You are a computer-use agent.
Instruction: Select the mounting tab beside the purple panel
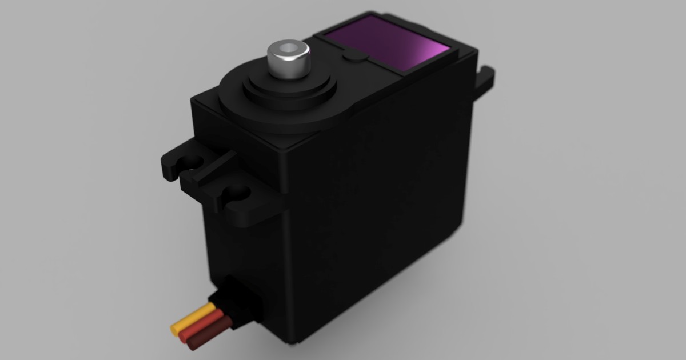click(x=486, y=80)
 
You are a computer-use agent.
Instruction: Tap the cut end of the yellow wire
click(x=174, y=328)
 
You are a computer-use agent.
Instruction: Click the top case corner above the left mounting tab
click(x=194, y=102)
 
